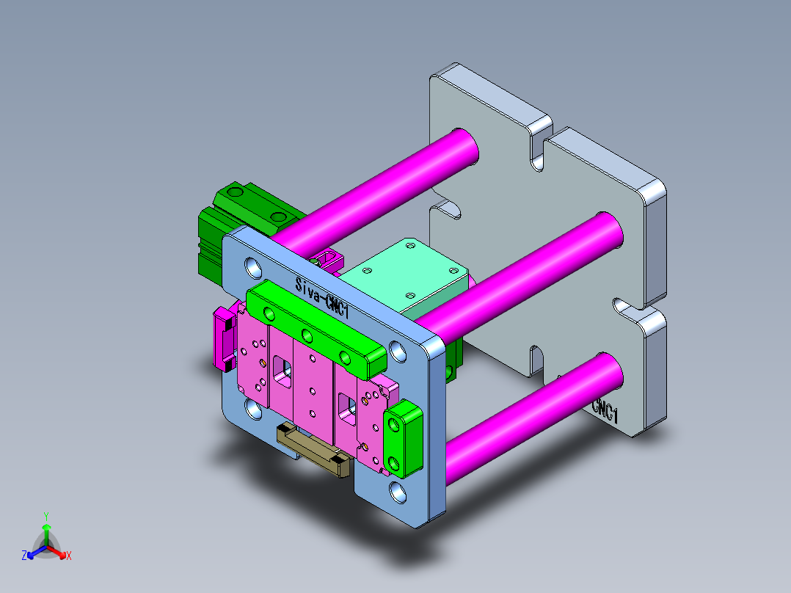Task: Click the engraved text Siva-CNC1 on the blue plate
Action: coord(321,296)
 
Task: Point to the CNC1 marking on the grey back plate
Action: coord(606,411)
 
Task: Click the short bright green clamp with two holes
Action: coord(403,439)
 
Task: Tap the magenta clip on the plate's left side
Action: coord(222,340)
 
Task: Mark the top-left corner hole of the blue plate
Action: coord(252,266)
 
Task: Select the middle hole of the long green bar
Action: coord(307,336)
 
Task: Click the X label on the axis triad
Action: coord(69,556)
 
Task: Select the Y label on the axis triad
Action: coord(45,516)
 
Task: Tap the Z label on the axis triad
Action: coord(24,556)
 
